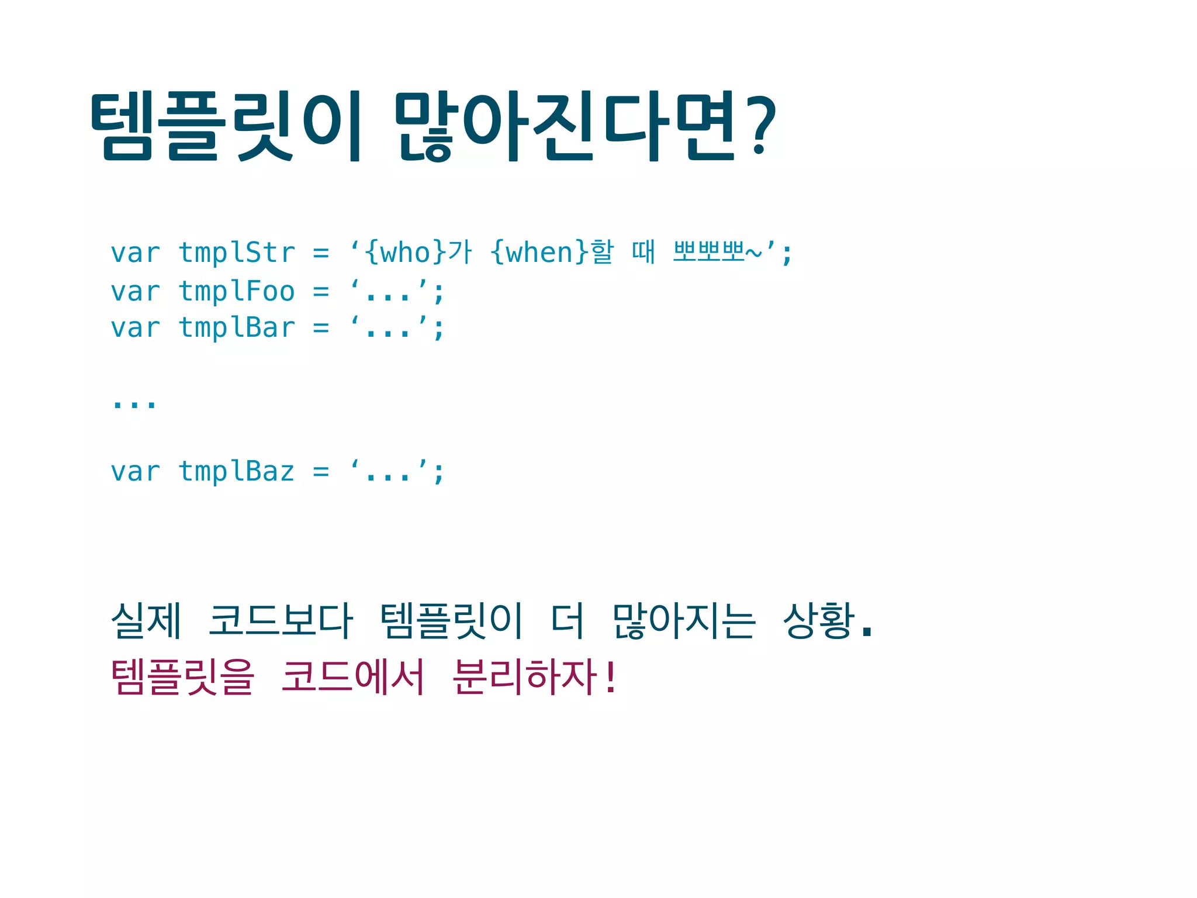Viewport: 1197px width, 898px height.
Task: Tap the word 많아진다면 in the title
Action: coord(565,126)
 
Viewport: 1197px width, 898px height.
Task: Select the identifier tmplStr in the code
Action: coord(237,253)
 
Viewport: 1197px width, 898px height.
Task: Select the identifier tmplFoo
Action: coord(237,291)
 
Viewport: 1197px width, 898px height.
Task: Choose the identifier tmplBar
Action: coord(237,327)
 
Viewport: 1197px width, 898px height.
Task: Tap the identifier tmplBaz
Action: coord(237,471)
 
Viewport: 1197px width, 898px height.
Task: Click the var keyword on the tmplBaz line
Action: coord(135,471)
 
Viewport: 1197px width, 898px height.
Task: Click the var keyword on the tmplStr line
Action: coord(135,253)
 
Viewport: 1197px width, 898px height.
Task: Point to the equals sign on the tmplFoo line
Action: coord(321,291)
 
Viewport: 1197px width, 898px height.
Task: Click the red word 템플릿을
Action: coord(182,676)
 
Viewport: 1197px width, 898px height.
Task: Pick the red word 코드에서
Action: coord(352,676)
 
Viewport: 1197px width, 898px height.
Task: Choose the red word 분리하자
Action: coord(525,676)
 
